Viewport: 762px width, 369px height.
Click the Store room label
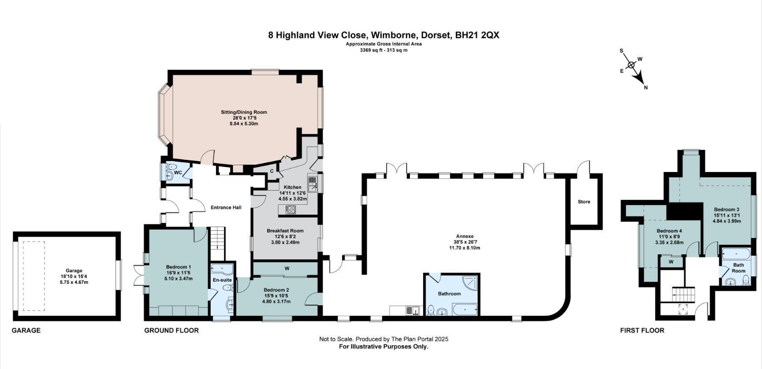click(x=584, y=202)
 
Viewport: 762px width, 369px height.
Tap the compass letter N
click(x=646, y=87)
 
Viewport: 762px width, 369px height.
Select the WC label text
click(x=178, y=173)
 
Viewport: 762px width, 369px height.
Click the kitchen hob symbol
click(x=291, y=210)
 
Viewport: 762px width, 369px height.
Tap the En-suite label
click(x=222, y=280)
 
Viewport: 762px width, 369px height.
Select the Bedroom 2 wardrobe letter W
click(x=287, y=268)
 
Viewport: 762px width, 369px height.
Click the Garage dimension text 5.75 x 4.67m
click(x=74, y=282)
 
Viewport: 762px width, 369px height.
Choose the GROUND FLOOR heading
click(x=172, y=330)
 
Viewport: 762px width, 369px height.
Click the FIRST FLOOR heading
click(x=642, y=330)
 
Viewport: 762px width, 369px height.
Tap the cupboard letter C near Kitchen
click(x=272, y=171)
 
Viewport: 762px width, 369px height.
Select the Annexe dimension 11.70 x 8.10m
click(x=464, y=248)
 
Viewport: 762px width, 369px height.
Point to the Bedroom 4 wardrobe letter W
click(x=671, y=262)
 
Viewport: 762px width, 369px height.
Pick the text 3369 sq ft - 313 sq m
click(x=384, y=51)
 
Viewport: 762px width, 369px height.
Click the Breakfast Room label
click(x=285, y=231)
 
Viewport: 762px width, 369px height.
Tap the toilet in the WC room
click(x=171, y=167)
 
